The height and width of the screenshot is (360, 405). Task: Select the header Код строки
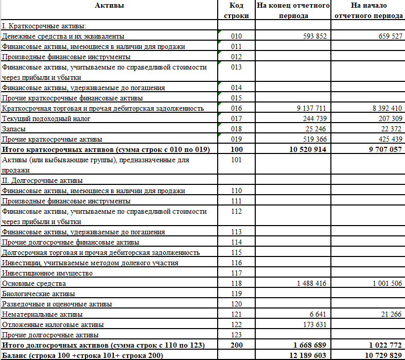(x=237, y=10)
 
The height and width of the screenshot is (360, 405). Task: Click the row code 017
(x=237, y=119)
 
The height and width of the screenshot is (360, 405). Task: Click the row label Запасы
(x=14, y=129)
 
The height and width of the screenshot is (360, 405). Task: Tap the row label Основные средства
(x=34, y=283)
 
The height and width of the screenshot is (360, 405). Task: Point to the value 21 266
(x=390, y=314)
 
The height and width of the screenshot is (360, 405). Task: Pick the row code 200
(x=237, y=345)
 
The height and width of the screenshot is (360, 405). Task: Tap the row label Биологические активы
(x=38, y=294)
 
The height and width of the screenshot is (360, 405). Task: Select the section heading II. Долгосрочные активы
(x=42, y=180)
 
